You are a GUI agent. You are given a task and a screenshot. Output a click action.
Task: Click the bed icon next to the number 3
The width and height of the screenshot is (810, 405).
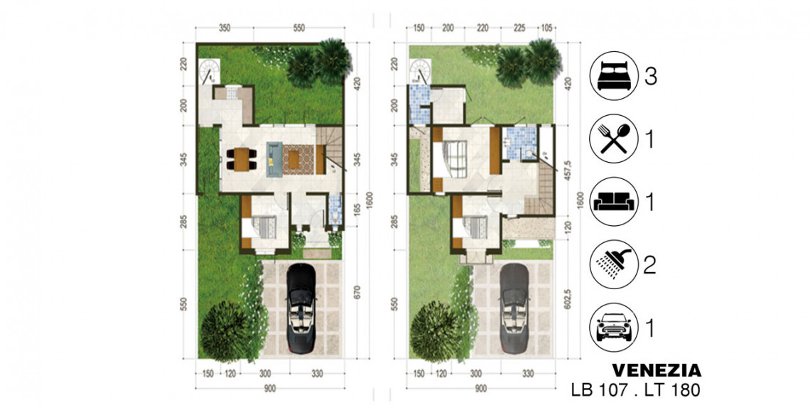[x=614, y=77]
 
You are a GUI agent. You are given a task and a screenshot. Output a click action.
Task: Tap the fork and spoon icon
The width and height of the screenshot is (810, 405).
[x=614, y=139]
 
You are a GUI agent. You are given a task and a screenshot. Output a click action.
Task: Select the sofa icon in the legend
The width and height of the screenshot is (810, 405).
[x=614, y=202]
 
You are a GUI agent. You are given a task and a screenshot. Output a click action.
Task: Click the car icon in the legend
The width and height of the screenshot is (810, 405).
[x=614, y=327]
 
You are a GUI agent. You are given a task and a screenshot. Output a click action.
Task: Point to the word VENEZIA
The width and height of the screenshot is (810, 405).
[x=657, y=370]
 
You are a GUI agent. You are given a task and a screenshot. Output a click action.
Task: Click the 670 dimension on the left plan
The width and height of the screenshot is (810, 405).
[x=357, y=293]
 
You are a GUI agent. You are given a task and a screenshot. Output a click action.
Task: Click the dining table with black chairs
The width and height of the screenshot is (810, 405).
[x=242, y=159]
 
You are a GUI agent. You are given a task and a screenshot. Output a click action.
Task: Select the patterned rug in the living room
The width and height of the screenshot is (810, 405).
[x=298, y=160]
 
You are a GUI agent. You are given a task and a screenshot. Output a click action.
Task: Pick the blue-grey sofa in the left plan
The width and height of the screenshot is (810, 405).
[x=274, y=159]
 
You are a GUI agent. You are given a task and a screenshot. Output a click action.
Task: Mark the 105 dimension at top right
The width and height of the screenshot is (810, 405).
[x=546, y=29]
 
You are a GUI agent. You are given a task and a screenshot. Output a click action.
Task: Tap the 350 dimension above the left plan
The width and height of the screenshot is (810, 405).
[x=225, y=29]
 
